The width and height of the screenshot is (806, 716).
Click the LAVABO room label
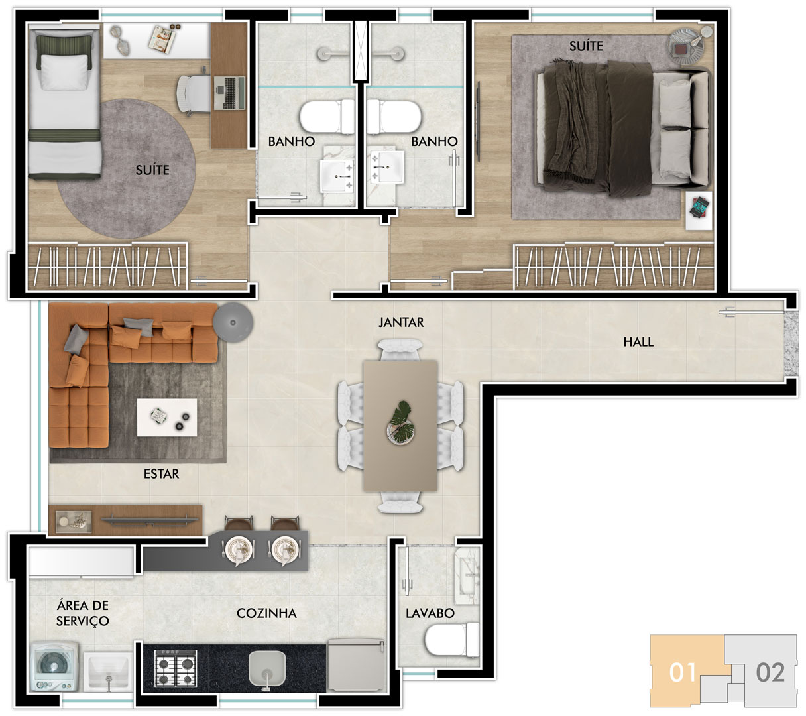coord(430,613)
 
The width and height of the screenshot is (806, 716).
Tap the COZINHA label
coord(266,613)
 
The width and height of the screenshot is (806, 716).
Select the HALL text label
coord(638,342)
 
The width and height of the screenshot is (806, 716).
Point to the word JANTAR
coord(401,322)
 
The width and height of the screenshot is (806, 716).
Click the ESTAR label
coord(161,473)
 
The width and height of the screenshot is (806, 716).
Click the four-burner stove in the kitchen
coord(176,668)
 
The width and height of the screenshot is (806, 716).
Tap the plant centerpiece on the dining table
coord(400,423)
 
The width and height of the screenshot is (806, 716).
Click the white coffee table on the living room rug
coord(166,418)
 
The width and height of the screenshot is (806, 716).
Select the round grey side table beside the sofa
coord(233,322)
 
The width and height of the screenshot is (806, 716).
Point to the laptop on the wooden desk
coord(229,93)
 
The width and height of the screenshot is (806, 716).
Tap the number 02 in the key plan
coord(770,672)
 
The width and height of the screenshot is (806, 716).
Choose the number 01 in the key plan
coord(682,672)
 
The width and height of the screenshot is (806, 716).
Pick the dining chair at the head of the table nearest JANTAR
coord(400,350)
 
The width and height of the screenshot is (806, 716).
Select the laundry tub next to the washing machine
coord(108,671)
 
